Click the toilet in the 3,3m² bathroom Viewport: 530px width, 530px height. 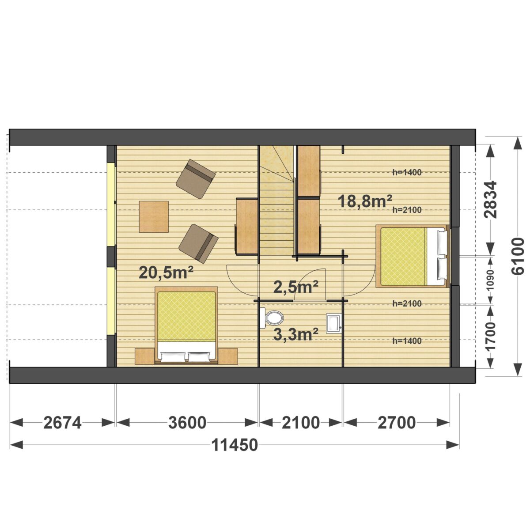[272, 318]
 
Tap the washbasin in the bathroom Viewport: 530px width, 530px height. [333, 323]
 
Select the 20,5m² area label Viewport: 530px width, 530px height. [166, 273]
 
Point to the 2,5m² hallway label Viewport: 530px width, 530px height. [296, 287]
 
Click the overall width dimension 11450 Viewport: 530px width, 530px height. [235, 445]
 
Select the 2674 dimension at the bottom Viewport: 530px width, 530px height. [62, 423]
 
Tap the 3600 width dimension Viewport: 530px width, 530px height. [187, 423]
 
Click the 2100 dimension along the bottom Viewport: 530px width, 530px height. [301, 423]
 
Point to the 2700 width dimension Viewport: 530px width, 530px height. [396, 423]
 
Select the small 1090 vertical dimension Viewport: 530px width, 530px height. [490, 280]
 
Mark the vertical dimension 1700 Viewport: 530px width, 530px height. [490, 340]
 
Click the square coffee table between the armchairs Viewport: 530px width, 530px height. [154, 217]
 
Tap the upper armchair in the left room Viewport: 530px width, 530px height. [196, 179]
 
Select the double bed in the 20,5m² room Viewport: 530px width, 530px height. [186, 326]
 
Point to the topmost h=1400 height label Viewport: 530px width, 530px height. [407, 172]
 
